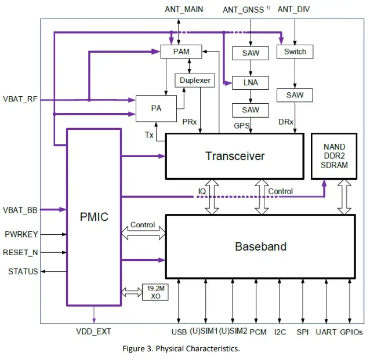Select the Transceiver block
click(x=235, y=156)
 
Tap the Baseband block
click(x=260, y=246)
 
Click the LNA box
click(x=251, y=82)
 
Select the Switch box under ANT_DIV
click(x=295, y=52)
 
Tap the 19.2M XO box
click(x=155, y=292)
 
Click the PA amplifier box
click(x=155, y=108)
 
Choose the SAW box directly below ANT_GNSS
click(x=251, y=53)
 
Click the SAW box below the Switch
click(x=295, y=94)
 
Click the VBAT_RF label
click(x=20, y=99)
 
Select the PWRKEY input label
click(x=21, y=235)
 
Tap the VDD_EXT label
click(x=93, y=332)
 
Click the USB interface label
click(x=179, y=332)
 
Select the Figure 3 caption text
click(x=181, y=348)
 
